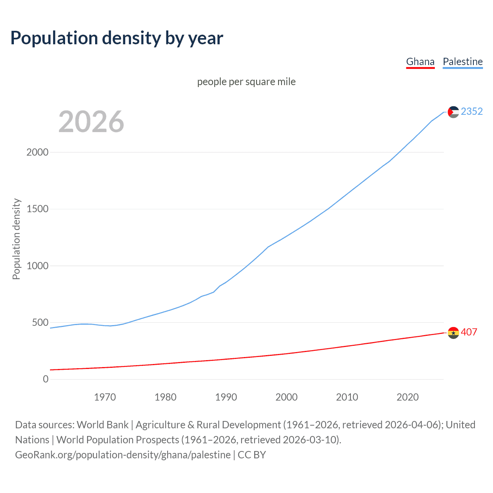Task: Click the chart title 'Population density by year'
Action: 117,38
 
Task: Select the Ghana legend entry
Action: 420,62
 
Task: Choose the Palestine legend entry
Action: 463,62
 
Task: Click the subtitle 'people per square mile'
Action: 246,82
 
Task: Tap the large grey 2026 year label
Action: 91,122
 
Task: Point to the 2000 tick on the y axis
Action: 37,152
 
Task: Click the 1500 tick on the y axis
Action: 37,209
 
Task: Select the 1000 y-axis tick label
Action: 37,266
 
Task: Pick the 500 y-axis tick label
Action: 40,322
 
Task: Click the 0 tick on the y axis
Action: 46,379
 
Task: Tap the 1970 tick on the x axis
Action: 105,397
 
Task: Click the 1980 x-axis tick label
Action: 165,397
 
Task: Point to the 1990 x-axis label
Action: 226,397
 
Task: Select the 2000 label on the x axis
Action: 287,397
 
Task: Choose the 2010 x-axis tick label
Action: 347,397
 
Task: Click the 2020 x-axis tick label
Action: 407,397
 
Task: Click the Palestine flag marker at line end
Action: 453,112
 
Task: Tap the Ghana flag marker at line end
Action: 453,333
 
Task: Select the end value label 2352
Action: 472,111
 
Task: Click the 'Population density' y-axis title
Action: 16,239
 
